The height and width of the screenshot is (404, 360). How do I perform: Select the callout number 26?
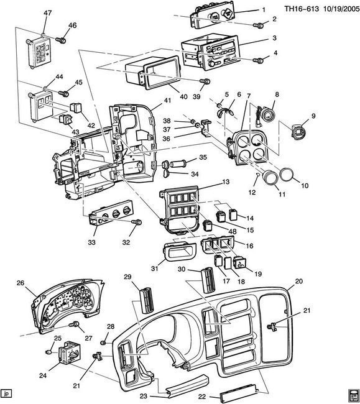coord(20,283)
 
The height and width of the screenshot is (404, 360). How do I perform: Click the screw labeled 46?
coord(61,40)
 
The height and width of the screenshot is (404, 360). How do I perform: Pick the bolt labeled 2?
coord(257,26)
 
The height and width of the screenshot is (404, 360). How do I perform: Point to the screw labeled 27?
coord(75,324)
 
